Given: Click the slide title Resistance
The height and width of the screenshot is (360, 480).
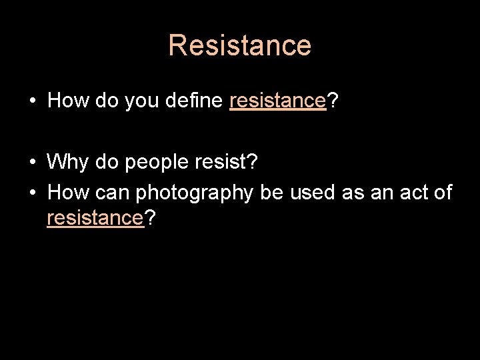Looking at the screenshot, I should coord(239,45).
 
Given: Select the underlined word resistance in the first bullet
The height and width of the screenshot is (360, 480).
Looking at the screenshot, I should coord(277,101).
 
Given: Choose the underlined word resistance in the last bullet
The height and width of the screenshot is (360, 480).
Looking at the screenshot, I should coord(95,218).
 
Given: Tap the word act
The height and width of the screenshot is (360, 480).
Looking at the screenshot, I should coord(407,193).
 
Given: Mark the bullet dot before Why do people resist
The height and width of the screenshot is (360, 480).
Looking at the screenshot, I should coord(32,163).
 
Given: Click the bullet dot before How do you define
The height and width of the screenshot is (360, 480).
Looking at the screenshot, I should coord(32,101).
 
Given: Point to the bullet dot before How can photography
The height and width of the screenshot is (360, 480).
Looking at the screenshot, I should coord(32,193).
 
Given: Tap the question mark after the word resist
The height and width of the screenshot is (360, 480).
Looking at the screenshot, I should coord(254,162).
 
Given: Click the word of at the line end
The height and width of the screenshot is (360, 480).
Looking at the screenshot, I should coord(442,193).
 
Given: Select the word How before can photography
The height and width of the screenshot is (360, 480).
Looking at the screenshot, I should coord(69,193).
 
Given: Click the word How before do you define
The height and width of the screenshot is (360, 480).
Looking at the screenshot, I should coord(69,101).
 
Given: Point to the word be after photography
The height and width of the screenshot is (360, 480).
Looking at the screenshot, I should coord(271,193).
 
